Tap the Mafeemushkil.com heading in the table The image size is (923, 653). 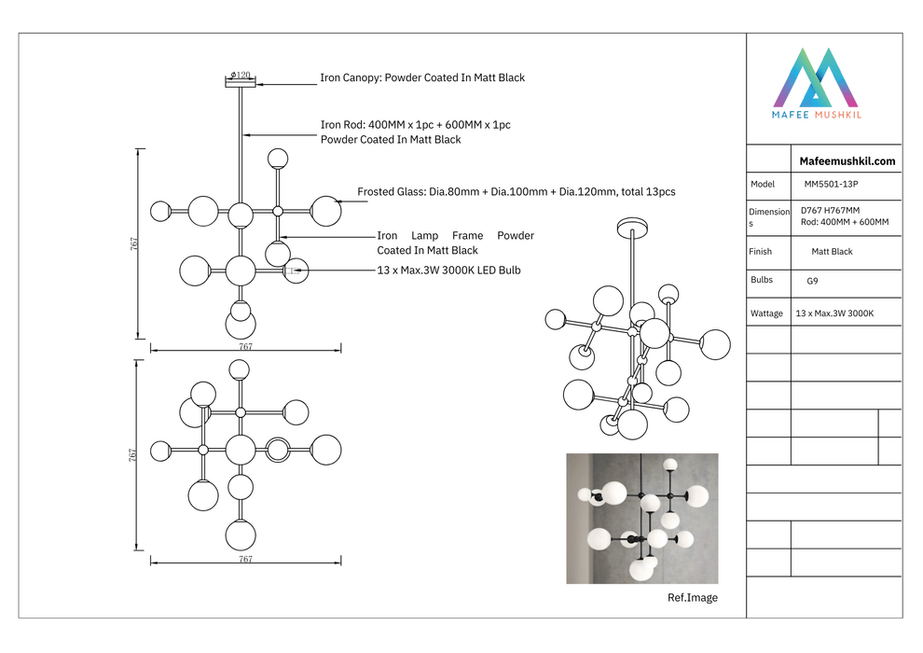pos(847,160)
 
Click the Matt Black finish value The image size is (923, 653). pos(832,252)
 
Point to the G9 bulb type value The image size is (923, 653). pos(813,280)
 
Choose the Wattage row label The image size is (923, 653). pos(766,313)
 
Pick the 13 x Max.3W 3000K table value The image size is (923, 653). pos(834,313)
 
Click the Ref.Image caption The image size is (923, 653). pos(693,598)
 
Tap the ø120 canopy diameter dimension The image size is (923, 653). pos(240,75)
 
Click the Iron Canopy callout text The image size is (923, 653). pos(422,77)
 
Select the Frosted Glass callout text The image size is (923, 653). pos(517,192)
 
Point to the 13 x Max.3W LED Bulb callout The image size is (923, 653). pos(448,271)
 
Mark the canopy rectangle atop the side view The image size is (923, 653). pos(240,84)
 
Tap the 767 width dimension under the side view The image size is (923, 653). pos(245,346)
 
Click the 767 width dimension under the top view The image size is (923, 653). pos(245,559)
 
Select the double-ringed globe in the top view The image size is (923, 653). pos(278,450)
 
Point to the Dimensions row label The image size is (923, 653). pos(768,217)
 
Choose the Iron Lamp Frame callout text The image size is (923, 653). pos(455,243)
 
